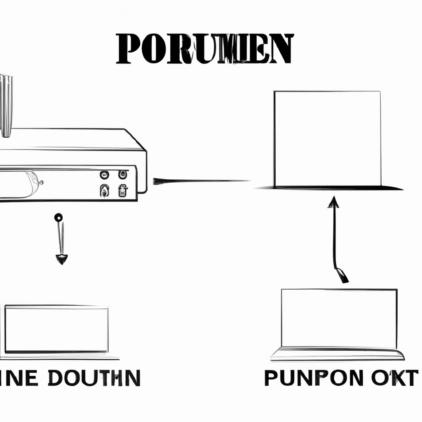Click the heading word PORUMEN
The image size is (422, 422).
204,49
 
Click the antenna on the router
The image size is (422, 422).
6,105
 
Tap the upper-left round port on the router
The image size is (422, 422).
104,174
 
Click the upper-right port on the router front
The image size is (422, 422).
122,174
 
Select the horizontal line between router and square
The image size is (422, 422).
202,181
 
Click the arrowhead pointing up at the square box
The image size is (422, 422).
333,202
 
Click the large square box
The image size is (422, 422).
328,138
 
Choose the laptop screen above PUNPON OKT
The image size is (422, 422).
339,318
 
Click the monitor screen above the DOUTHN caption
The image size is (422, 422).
56,329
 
